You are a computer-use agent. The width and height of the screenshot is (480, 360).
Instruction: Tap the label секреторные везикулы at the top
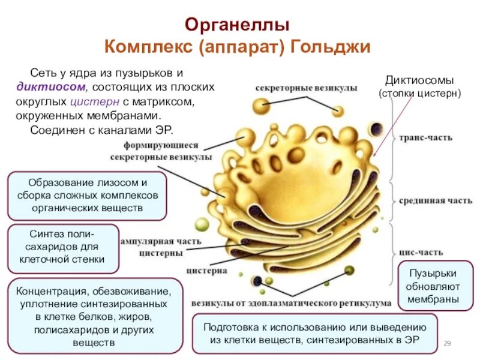[x=307, y=88]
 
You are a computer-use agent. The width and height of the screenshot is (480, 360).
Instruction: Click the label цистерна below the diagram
[x=206, y=271]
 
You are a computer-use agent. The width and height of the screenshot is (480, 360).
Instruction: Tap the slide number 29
[x=446, y=343]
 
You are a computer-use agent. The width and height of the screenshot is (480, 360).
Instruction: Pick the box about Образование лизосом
[x=87, y=195]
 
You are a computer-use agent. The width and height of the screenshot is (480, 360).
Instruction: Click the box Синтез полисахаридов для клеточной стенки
[x=62, y=246]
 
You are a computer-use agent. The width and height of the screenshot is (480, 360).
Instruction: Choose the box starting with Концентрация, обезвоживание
[x=95, y=317]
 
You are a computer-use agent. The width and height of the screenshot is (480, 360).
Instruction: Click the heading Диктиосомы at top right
[x=419, y=80]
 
